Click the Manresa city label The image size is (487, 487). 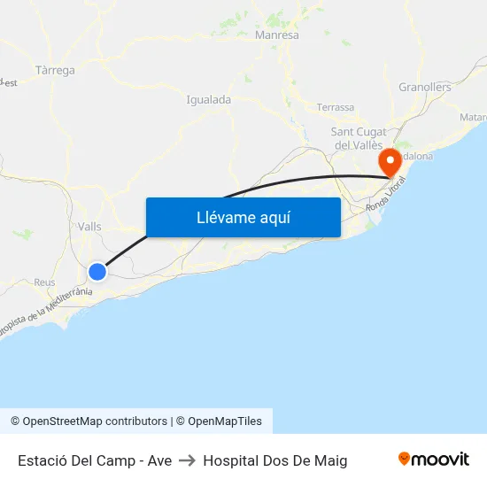pos(276,35)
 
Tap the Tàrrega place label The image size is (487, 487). pos(55,70)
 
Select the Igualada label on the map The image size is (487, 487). pos(208,100)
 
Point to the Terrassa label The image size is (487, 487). pos(335,107)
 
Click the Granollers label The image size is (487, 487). pos(425,87)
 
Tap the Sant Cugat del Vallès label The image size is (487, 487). pos(357,138)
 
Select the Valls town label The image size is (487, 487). pos(89,227)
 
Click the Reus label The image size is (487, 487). pos(44,282)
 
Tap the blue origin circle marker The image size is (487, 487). pos(97,271)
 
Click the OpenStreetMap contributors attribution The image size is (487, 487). pos(89,421)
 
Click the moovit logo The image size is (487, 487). pos(433,460)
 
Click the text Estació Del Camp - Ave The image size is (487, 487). pos(95,460)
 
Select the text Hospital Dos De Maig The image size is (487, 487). pos(274,460)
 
